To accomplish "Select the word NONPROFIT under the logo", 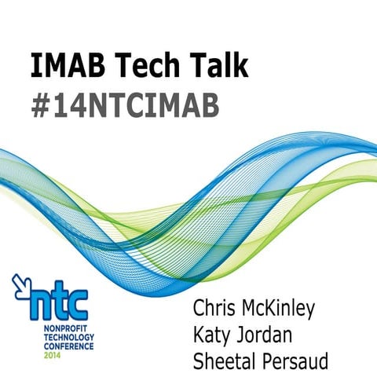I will (x=57, y=324).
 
